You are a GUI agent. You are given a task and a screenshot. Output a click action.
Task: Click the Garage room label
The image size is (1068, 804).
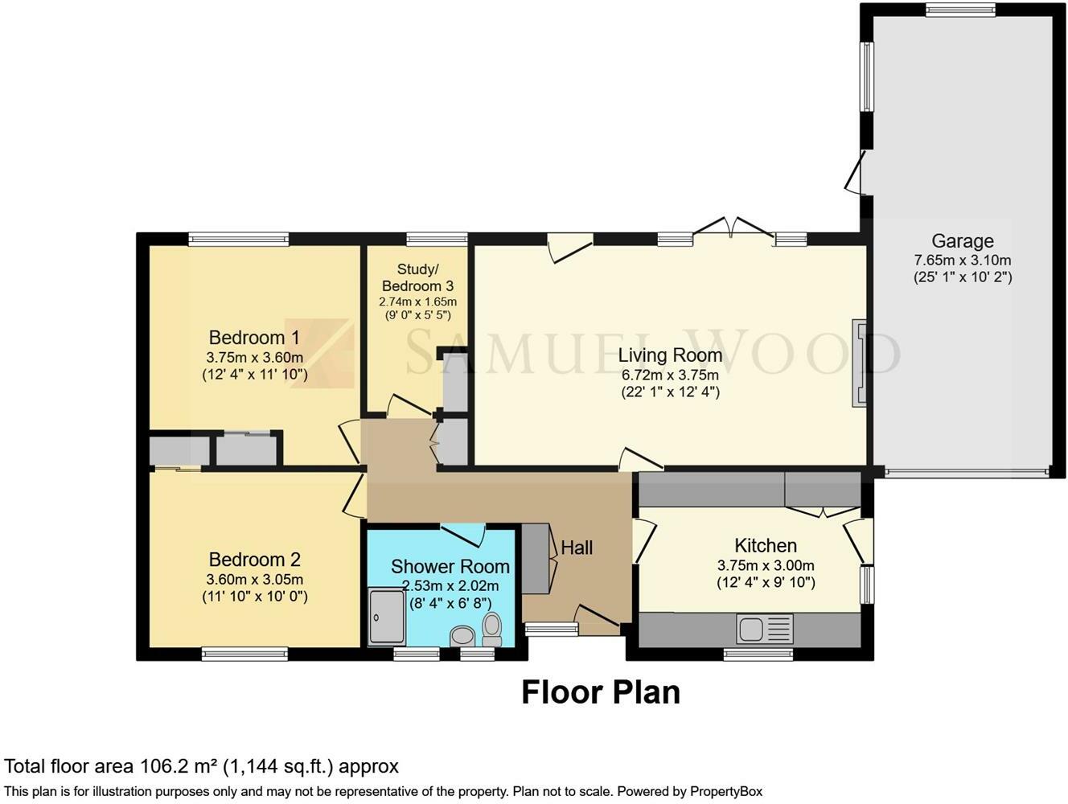tap(962, 240)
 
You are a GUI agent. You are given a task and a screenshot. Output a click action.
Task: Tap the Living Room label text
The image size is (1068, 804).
tap(669, 355)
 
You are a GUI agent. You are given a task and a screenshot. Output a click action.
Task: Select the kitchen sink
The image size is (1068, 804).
tap(764, 628)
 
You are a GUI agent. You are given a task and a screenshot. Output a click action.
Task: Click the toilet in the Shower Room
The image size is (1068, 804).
tap(492, 629)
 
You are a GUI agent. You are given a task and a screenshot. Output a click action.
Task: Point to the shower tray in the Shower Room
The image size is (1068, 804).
tap(386, 617)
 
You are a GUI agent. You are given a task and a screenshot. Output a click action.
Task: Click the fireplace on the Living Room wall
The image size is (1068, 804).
tap(859, 363)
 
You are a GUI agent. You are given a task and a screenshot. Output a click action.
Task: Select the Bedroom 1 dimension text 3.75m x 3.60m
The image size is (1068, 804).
tap(254, 358)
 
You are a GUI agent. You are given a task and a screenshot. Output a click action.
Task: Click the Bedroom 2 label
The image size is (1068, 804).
tap(254, 560)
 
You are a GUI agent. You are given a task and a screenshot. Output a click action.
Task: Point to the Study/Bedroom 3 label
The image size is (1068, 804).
tap(417, 277)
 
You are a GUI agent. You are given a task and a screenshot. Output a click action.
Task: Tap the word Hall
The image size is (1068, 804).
tap(577, 548)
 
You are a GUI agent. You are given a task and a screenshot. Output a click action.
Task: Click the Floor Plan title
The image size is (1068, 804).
tap(601, 692)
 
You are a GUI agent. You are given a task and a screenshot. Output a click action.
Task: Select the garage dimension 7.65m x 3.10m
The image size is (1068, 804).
tap(962, 260)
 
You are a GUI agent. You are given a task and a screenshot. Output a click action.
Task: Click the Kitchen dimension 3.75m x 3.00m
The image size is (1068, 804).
tap(766, 565)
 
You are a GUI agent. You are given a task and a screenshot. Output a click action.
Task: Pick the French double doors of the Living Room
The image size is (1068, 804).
tap(733, 228)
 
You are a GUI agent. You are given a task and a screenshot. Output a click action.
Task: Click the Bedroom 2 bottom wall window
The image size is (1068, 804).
tap(244, 654)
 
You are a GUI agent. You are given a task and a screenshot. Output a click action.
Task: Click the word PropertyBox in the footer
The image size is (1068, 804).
tap(726, 791)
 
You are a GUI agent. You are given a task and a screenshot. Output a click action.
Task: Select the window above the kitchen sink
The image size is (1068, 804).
tap(758, 654)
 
